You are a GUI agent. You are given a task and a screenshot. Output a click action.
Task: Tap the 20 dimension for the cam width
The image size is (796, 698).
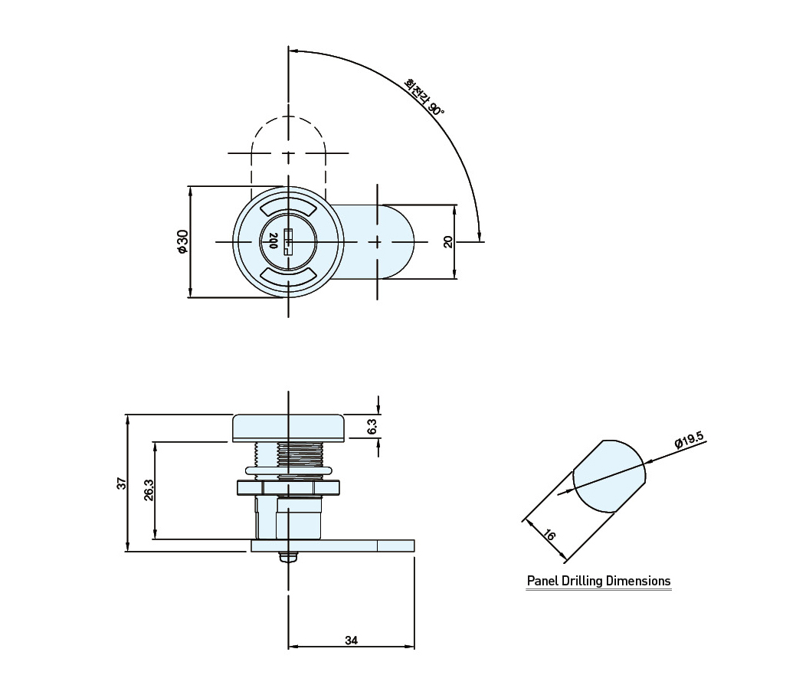pos(447,241)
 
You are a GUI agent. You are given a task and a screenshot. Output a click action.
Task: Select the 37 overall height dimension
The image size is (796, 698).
pos(121,483)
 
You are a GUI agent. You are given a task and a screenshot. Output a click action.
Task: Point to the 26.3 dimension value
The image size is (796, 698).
pos(148,490)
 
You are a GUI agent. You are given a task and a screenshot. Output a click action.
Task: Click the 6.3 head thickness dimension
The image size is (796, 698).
pos(372,427)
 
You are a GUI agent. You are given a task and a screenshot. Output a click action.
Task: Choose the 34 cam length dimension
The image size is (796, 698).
pos(352,640)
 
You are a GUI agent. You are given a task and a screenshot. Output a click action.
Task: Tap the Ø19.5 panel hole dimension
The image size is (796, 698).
pos(690,440)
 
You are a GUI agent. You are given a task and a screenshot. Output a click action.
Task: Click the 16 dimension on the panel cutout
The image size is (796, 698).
pos(549,535)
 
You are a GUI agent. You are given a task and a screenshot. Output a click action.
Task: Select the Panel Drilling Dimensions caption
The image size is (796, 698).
pos(598,581)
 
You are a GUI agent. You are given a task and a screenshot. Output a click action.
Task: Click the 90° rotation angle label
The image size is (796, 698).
pos(436,107)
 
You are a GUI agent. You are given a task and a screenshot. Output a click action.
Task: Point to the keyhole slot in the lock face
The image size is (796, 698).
pos(288,241)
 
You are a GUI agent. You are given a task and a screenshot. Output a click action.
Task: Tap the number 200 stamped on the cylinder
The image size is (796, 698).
pos(273,241)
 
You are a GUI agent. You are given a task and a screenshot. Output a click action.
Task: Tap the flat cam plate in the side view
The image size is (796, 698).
pos(333,546)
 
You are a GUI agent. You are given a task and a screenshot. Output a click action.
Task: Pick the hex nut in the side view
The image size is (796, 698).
pos(288,487)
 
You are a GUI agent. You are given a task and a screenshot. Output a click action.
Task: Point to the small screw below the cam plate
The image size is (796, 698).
pos(289,557)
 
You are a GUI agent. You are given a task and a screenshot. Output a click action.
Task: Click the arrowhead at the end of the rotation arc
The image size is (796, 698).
pos(480,234)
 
